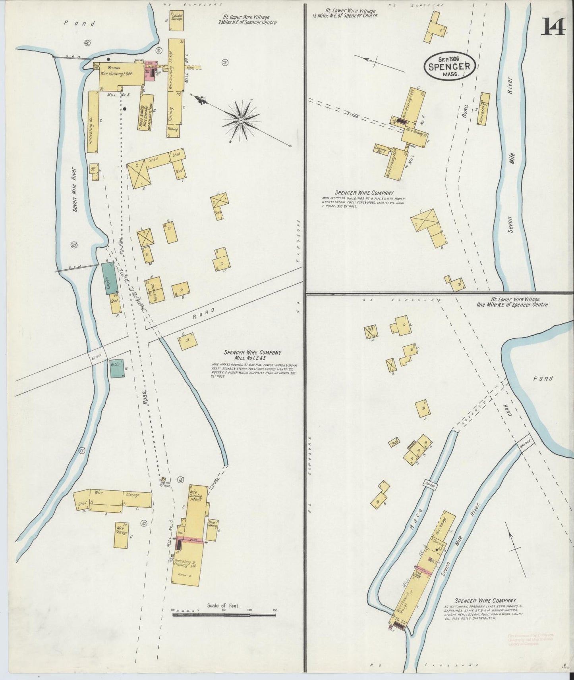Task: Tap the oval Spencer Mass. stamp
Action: coord(450,67)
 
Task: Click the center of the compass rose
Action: coord(241,119)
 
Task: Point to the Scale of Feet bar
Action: coord(224,626)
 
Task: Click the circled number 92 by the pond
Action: coord(87,42)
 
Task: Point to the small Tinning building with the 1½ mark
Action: coord(174,131)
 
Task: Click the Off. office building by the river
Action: coord(94,171)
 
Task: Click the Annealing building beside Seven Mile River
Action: coord(484,109)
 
